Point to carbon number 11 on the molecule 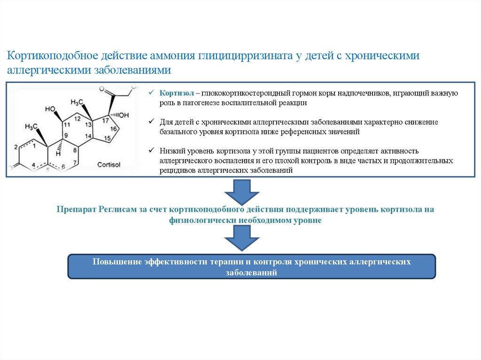(x=67, y=124)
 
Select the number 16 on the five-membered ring (x=114, y=129)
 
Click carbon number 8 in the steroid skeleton (x=75, y=151)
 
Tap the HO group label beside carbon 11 (x=50, y=109)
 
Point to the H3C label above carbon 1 (x=31, y=127)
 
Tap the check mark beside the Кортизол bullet (x=151, y=93)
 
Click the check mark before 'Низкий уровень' (x=151, y=151)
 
